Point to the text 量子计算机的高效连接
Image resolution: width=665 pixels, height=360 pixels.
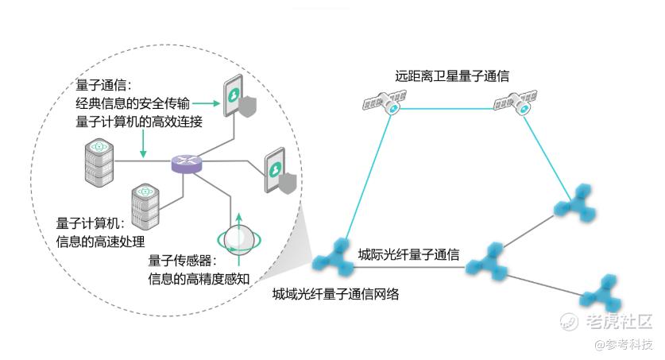138,121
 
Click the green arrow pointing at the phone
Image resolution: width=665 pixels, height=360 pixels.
205,103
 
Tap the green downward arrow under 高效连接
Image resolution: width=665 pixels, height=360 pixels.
144,144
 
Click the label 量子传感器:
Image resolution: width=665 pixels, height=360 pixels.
181,260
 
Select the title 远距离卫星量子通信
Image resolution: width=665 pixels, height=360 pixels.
452,76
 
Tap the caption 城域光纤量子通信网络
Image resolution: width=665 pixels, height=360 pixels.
335,294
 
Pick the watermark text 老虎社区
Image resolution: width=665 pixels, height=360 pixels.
618,322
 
